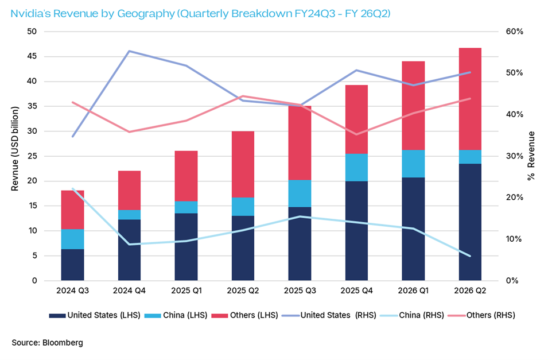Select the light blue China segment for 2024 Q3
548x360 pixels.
coord(73,239)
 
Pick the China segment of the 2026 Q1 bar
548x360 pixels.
coord(413,164)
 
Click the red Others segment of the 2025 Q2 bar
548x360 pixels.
coord(243,164)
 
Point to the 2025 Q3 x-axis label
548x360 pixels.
coord(300,291)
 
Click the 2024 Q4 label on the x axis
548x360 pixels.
coord(129,291)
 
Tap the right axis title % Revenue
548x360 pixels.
coord(532,156)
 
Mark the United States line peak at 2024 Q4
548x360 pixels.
coord(129,51)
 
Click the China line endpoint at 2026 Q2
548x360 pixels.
coord(469,256)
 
